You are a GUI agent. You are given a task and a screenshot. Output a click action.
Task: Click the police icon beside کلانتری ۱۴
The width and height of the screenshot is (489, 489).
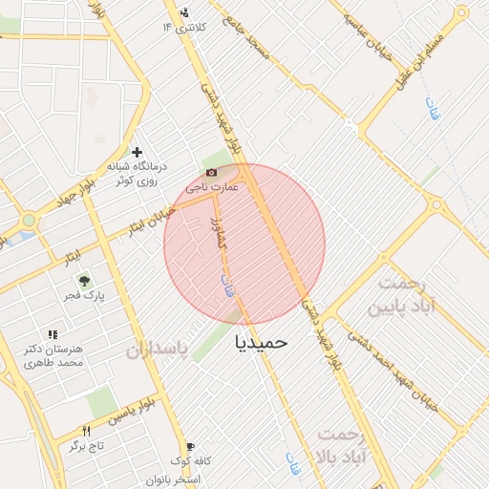183,12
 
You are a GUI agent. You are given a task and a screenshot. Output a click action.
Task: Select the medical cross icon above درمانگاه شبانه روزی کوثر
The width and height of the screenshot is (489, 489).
138,152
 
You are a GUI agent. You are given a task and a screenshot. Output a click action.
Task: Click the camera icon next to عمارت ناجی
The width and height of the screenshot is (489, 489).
211,171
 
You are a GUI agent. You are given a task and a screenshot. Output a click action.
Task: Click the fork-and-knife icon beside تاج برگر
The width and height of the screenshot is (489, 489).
87,431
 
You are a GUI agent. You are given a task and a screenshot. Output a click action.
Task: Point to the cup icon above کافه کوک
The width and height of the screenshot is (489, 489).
190,446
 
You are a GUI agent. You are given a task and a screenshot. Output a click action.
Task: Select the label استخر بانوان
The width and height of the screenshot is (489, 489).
173,478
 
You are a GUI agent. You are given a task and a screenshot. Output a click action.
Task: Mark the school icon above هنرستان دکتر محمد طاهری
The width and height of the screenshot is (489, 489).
53,334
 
